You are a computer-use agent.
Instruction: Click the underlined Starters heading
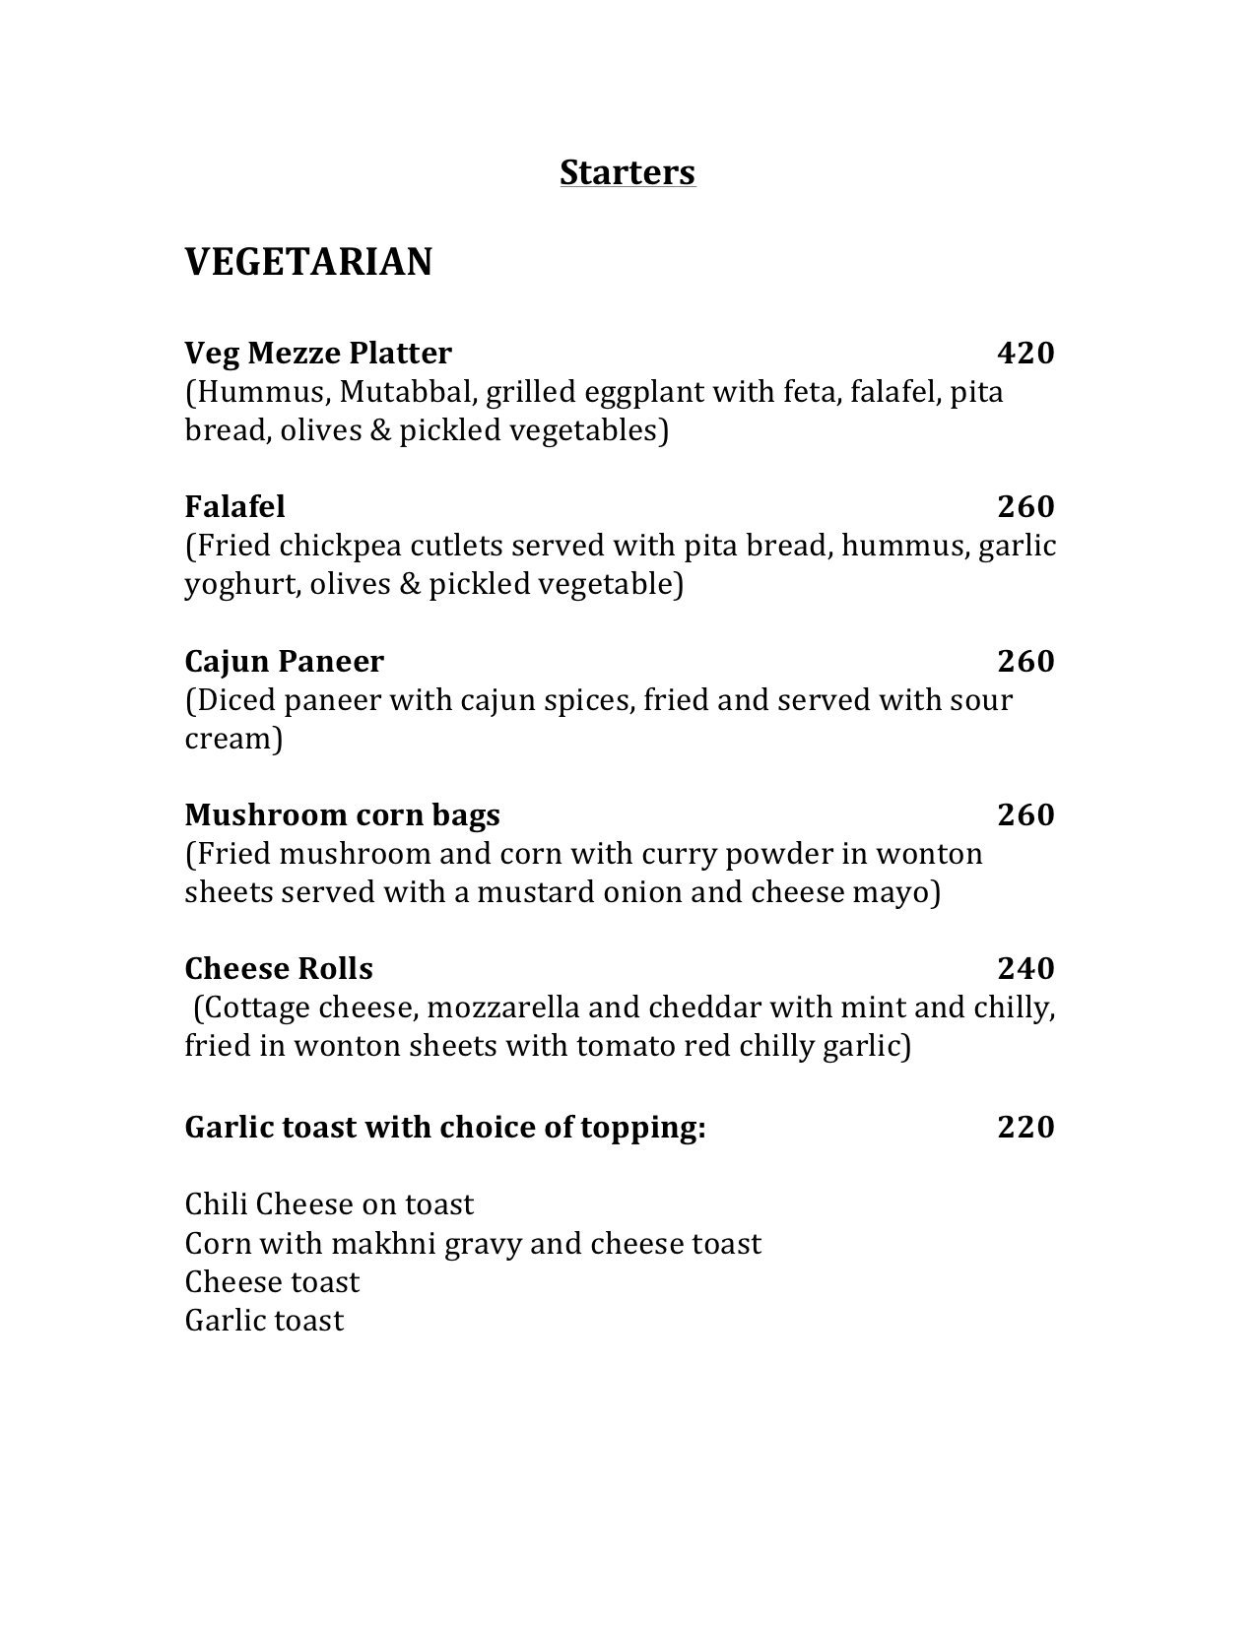click(x=628, y=172)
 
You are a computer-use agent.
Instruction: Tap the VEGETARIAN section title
click(x=308, y=263)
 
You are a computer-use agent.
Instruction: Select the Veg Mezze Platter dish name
click(x=318, y=353)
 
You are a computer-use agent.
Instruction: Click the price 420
click(x=1025, y=353)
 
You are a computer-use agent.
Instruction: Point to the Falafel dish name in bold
click(x=234, y=506)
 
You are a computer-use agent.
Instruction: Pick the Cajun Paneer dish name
click(x=284, y=661)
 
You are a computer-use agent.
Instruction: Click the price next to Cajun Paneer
click(x=1025, y=661)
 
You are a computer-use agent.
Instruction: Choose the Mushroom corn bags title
click(x=342, y=814)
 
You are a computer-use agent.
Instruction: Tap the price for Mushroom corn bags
click(x=1025, y=814)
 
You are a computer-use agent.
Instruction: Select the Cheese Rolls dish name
click(x=279, y=969)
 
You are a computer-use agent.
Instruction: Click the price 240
click(x=1025, y=969)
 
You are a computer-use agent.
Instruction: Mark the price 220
click(x=1025, y=1127)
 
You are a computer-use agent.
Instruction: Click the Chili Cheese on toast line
click(x=329, y=1204)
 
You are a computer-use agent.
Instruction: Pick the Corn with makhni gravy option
click(x=473, y=1244)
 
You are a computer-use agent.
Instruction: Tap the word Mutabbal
click(x=408, y=392)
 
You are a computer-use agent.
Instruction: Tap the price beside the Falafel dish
click(x=1025, y=506)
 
